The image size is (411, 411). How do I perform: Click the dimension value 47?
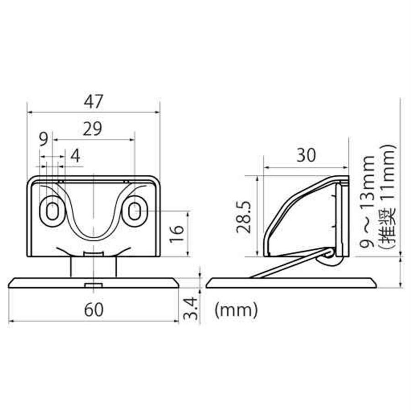tap(94, 102)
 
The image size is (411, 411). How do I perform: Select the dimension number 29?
tap(92, 129)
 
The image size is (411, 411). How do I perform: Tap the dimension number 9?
tap(43, 139)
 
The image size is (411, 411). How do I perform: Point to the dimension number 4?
tap(75, 156)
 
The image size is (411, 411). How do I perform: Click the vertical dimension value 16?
tap(177, 234)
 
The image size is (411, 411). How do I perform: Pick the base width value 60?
tap(94, 310)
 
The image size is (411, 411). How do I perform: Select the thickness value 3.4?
tap(190, 308)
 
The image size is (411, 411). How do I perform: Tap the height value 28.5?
tap(244, 217)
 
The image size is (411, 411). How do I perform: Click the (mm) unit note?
tap(236, 310)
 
